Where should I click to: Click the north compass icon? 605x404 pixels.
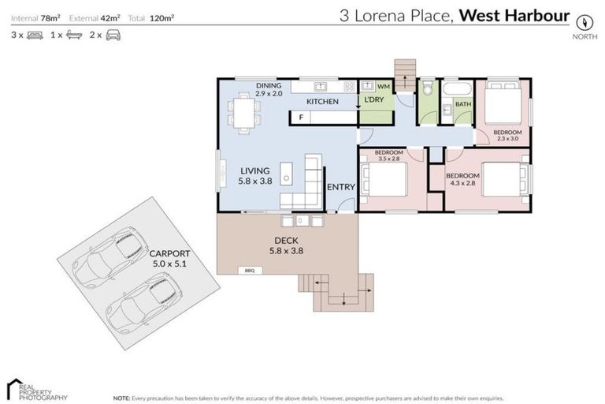coord(584,22)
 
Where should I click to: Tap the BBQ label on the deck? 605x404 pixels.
coord(248,271)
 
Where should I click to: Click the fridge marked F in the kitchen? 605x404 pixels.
coord(300,118)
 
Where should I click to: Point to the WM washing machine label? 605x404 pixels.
coord(384,86)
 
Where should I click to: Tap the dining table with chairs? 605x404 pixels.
coord(243,109)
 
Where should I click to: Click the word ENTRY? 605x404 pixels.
coord(341,187)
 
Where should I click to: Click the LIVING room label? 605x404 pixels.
coord(254,175)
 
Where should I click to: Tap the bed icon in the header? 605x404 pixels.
coord(35,36)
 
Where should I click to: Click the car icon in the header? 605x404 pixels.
coord(113,36)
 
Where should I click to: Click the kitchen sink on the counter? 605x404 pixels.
coord(320,86)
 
